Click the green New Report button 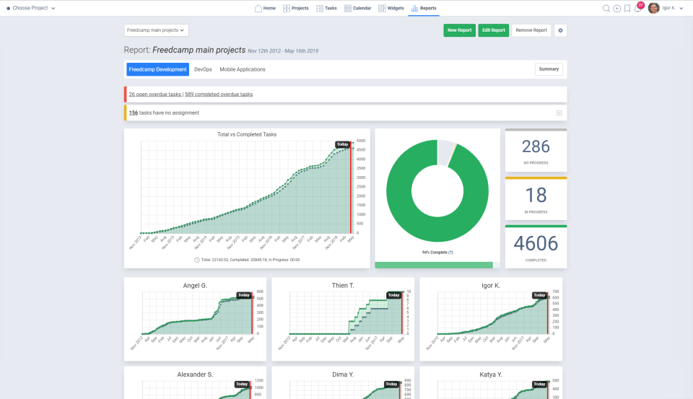[459, 30]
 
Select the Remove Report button [531, 30]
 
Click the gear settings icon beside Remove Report [561, 30]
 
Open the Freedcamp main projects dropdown [156, 30]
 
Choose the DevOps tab [204, 69]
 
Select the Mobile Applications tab [243, 69]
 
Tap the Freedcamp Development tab [157, 69]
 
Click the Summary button [549, 69]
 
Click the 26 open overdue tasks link [155, 95]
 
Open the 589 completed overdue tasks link [219, 95]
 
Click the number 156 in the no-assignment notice [134, 113]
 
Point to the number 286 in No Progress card [536, 146]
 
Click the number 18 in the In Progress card [536, 196]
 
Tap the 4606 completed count [536, 243]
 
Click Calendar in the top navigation [358, 8]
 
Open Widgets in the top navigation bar [391, 8]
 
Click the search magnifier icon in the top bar [606, 8]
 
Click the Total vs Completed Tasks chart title [247, 134]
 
